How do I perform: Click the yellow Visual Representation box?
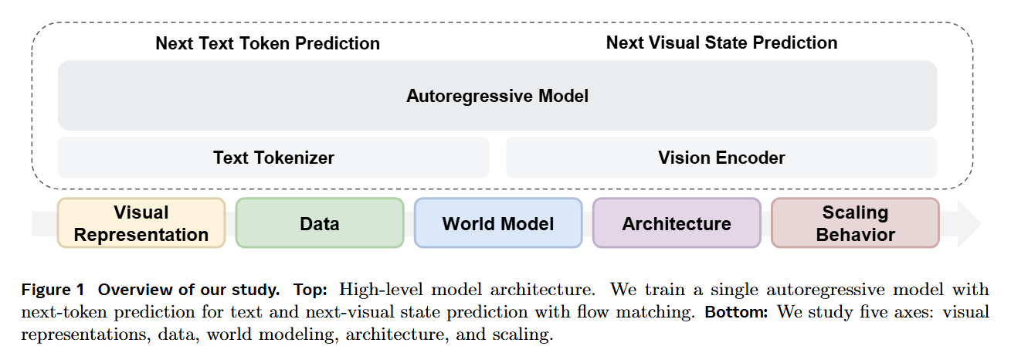pyautogui.click(x=141, y=222)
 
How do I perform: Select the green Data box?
pyautogui.click(x=320, y=223)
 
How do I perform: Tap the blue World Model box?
pyautogui.click(x=498, y=223)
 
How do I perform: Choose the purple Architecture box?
pyautogui.click(x=677, y=223)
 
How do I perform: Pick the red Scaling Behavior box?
pyautogui.click(x=855, y=222)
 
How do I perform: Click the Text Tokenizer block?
pyautogui.click(x=273, y=158)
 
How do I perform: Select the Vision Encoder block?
pyautogui.click(x=721, y=158)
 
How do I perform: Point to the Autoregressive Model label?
pyautogui.click(x=497, y=96)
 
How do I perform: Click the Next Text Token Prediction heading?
pyautogui.click(x=267, y=43)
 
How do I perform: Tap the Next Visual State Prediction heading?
pyautogui.click(x=721, y=42)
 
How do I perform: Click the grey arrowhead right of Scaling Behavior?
pyautogui.click(x=969, y=223)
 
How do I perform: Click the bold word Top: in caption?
pyautogui.click(x=310, y=290)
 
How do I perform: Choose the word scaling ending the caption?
pyautogui.click(x=526, y=336)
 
